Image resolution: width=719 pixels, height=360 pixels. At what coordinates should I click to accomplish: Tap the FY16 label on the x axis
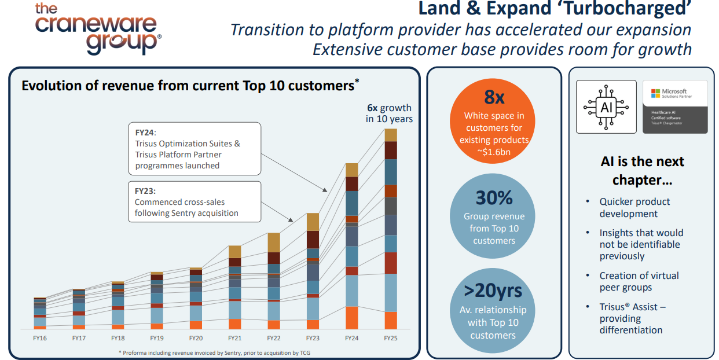(x=40, y=338)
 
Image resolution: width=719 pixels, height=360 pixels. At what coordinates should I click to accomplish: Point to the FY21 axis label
(x=234, y=338)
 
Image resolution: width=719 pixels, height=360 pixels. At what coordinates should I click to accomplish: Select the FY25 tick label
(x=391, y=338)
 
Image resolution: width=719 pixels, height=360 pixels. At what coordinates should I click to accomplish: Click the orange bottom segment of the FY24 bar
(x=352, y=318)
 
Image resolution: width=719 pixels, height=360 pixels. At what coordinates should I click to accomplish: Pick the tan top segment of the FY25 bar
(x=391, y=135)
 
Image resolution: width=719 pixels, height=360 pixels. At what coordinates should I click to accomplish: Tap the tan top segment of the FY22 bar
(x=274, y=243)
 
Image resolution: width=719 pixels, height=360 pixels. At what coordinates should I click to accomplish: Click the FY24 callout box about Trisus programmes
(x=195, y=149)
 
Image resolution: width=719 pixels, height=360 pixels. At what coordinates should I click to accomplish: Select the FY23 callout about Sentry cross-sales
(x=195, y=202)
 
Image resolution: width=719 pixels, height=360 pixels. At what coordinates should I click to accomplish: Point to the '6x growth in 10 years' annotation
(x=389, y=113)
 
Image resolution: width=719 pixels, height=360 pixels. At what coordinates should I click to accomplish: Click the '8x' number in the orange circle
(x=494, y=97)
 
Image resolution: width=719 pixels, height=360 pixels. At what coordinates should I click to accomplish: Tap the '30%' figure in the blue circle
(x=494, y=197)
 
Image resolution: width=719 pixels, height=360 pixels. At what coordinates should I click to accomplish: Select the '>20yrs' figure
(x=493, y=291)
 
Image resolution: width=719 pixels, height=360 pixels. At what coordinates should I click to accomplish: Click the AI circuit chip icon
(x=606, y=107)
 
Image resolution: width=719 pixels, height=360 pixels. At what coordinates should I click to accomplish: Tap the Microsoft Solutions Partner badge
(x=675, y=107)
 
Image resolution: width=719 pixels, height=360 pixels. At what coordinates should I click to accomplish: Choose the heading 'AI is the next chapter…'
(x=642, y=171)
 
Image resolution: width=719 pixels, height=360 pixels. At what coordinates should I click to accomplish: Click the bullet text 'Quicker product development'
(x=634, y=208)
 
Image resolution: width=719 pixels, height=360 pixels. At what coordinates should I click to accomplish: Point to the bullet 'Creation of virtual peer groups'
(x=639, y=281)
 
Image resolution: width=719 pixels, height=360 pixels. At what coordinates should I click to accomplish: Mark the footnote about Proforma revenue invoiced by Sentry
(x=214, y=353)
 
